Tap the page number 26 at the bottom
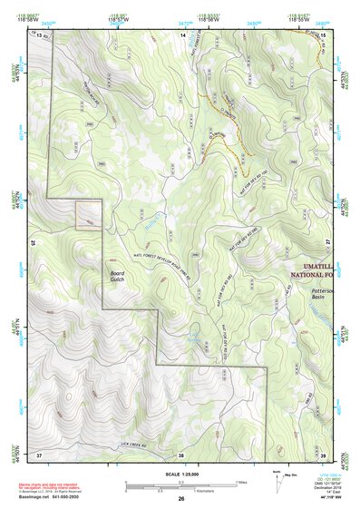pos(181,499)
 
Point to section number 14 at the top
pos(181,34)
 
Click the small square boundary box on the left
pos(88,214)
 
